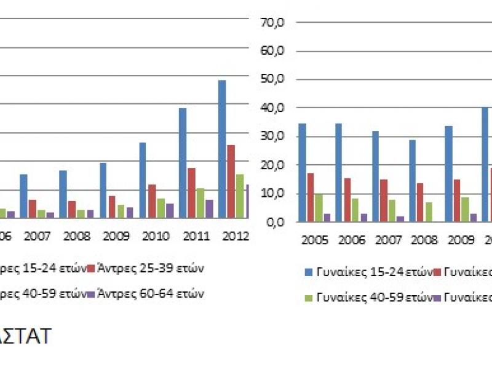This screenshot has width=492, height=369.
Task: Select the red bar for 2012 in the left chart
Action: (231, 181)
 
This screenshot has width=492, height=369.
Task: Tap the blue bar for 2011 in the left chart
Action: (183, 163)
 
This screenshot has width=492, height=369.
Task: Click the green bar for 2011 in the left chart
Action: (200, 203)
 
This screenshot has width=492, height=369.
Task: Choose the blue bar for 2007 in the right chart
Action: (375, 176)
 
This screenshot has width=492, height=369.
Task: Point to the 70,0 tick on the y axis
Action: (273, 23)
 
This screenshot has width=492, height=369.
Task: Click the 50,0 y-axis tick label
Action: (273, 80)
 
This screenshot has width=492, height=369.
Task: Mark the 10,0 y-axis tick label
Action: (273, 194)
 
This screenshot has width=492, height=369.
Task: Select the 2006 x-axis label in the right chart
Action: (352, 240)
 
